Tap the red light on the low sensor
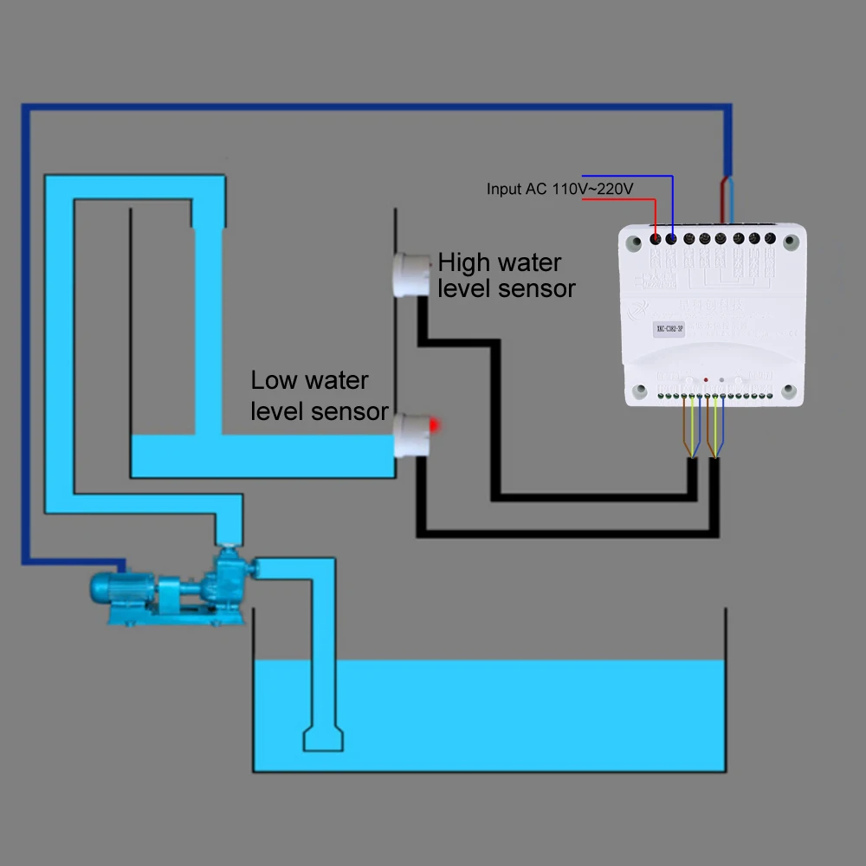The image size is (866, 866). (x=436, y=423)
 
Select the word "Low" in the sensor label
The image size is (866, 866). (x=272, y=380)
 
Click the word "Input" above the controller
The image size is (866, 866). (x=503, y=188)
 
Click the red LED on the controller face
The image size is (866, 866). (x=707, y=380)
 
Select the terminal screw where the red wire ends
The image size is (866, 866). (x=656, y=238)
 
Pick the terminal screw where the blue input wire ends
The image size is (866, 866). (x=672, y=238)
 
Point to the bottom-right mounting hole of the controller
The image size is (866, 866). (x=789, y=391)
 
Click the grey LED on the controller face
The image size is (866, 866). (x=721, y=380)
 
